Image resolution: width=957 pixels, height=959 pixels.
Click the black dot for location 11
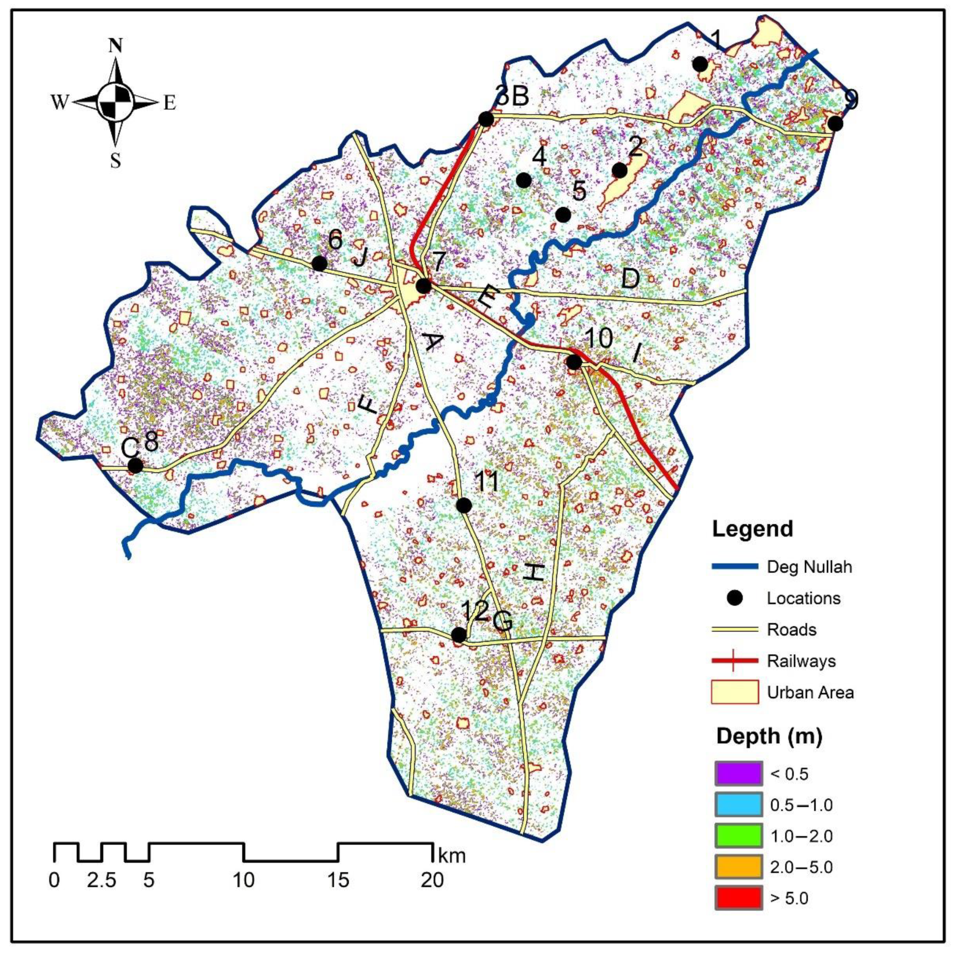pyautogui.click(x=463, y=505)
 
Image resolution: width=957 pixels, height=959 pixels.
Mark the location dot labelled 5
pyautogui.click(x=563, y=215)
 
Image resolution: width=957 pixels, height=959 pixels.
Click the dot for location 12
pyautogui.click(x=459, y=635)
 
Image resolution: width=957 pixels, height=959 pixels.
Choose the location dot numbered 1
pyautogui.click(x=700, y=64)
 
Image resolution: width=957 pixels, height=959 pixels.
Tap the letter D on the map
pyautogui.click(x=630, y=280)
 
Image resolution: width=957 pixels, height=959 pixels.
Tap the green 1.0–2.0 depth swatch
pyautogui.click(x=738, y=836)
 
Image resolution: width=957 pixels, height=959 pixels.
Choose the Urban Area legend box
pyautogui.click(x=735, y=692)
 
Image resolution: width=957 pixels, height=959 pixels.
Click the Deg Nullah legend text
pyautogui.click(x=809, y=567)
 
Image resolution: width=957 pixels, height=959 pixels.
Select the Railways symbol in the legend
pyautogui.click(x=735, y=661)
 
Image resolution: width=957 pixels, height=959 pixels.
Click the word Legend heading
pyautogui.click(x=753, y=529)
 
